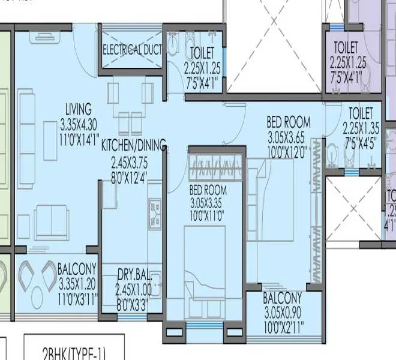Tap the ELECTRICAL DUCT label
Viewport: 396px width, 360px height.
pos(133,50)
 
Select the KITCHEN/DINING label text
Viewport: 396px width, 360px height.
pos(133,146)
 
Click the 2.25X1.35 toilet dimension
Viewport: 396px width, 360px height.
pos(362,127)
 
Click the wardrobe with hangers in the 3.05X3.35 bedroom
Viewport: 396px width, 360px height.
pos(216,164)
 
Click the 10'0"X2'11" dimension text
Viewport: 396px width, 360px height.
pos(283,326)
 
